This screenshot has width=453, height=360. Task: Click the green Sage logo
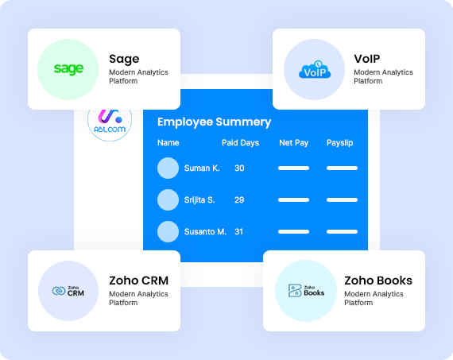point(68,69)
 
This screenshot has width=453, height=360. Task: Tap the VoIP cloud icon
point(315,70)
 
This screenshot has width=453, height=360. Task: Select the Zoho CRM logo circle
point(68,291)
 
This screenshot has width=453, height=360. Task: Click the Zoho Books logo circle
point(306,291)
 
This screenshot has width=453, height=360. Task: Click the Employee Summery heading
point(214,122)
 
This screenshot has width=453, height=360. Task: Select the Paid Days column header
point(240,143)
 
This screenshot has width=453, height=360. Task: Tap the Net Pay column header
point(293,143)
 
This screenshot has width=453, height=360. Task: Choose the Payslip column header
point(340,143)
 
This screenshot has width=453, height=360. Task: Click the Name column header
point(168,143)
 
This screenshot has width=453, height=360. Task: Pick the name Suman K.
point(202,168)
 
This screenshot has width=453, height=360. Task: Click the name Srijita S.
point(199,200)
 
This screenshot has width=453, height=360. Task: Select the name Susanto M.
point(205,232)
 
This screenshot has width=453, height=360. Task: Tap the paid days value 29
point(239,200)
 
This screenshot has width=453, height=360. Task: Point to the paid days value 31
point(238,232)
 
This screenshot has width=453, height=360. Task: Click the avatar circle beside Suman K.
point(168,168)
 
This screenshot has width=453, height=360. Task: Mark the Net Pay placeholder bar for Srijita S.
point(293,200)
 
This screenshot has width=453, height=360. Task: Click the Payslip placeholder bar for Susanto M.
point(342,232)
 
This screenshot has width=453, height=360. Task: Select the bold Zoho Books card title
point(378,281)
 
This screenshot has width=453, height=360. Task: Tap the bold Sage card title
point(124,60)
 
